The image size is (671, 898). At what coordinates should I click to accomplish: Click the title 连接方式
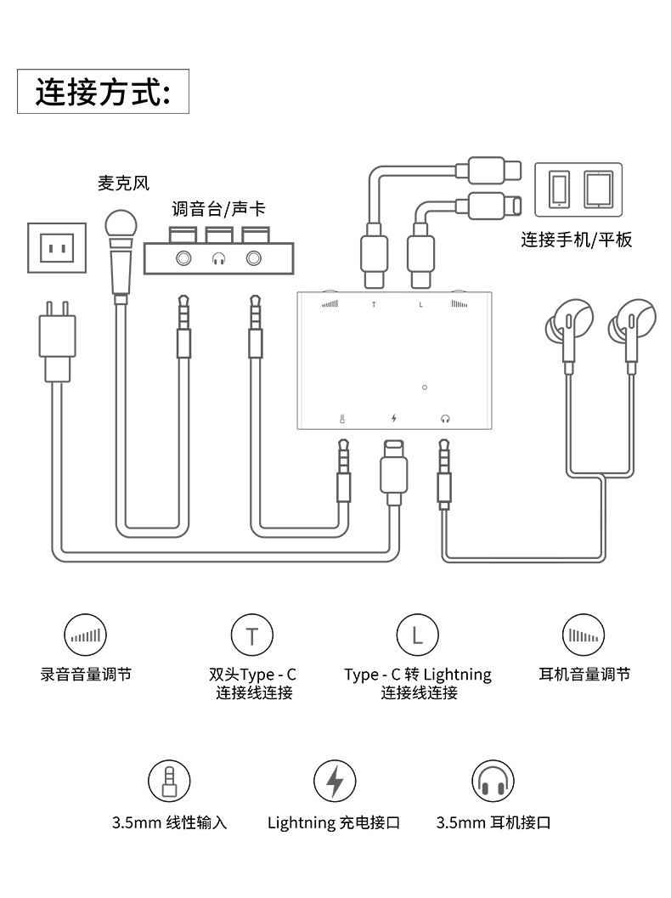pos(103,92)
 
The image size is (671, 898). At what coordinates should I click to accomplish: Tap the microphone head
pos(121,224)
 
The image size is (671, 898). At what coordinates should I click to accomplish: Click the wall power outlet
pos(57,248)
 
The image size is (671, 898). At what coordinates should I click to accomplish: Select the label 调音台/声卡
pos(218,208)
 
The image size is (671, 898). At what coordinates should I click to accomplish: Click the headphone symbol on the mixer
pos(218,259)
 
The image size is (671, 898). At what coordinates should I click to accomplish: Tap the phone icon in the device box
pos(559,189)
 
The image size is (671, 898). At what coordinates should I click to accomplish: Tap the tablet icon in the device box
pos(599,189)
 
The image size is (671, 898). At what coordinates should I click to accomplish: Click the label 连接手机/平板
pos(577,240)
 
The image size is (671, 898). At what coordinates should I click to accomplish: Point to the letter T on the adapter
pos(374,305)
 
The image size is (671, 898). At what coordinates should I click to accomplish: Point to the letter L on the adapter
pos(420,305)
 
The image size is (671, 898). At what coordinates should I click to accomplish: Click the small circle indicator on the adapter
pos(424,387)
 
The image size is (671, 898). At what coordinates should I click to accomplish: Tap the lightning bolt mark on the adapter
pos(394,418)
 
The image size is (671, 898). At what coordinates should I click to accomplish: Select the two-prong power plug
pos(57,342)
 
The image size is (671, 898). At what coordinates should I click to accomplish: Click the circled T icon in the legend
pos(252,635)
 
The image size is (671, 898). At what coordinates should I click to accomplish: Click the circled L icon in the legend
pos(417,635)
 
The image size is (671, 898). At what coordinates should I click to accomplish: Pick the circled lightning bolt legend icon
pos(335,781)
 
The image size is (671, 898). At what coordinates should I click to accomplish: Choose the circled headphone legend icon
pos(493,781)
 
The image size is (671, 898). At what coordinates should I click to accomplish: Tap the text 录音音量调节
pos(86,674)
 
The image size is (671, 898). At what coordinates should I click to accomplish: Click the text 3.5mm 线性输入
pos(170,823)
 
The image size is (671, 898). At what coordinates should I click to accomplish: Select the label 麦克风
pos(123,184)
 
